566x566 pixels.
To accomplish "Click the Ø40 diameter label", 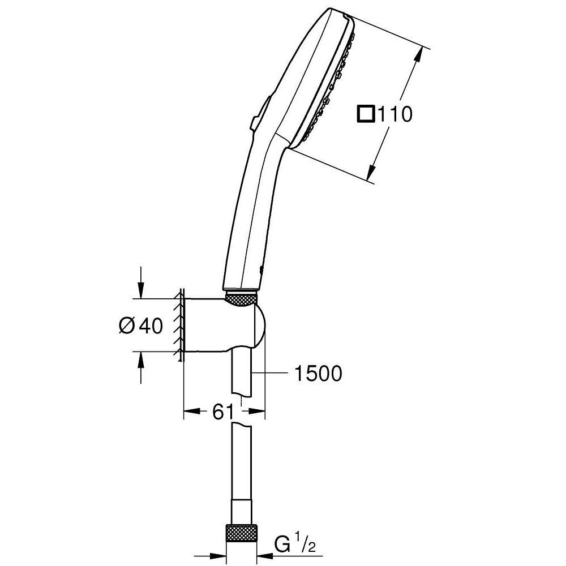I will point(141,326).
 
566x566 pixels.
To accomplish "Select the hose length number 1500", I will point(318,374).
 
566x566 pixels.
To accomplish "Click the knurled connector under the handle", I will point(242,299).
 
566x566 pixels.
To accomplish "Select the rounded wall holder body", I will point(226,325).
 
